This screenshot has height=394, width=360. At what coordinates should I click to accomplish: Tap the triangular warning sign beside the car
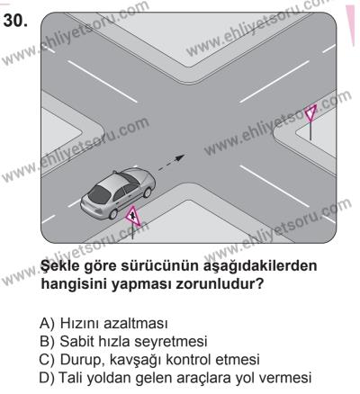pyautogui.click(x=132, y=216)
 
